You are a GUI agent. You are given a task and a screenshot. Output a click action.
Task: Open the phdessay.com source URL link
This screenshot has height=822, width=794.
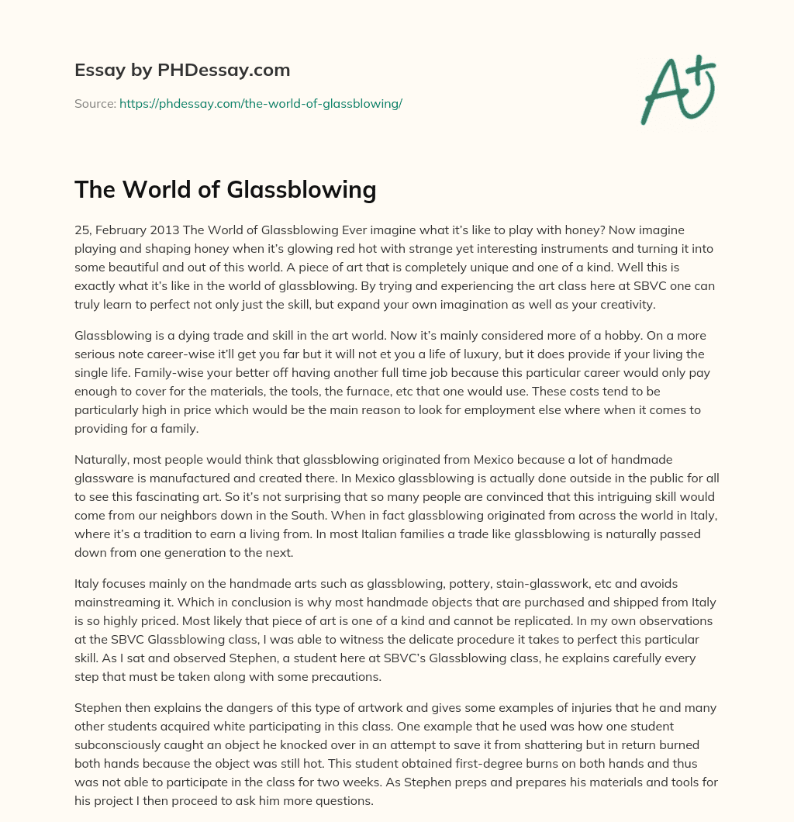(x=261, y=103)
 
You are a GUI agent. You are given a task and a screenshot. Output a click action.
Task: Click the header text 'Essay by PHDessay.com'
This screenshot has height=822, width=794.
(x=182, y=71)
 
